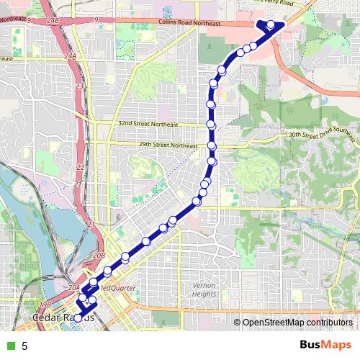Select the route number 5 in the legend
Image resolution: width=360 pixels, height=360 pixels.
pos(24,346)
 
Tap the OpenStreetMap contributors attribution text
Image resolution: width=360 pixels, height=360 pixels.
pos(299,323)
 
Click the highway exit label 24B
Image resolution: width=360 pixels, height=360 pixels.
pos(52,22)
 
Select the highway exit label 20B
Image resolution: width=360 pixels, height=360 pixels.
pos(99,256)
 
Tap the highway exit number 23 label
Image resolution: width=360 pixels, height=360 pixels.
pos(80,86)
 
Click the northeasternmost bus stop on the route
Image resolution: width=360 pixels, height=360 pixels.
pos(271,25)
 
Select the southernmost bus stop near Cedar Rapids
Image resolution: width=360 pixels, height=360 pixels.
pos(78,318)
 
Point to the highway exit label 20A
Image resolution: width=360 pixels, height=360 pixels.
pos(73,287)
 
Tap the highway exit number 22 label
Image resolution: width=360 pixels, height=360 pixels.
pos(80,167)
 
